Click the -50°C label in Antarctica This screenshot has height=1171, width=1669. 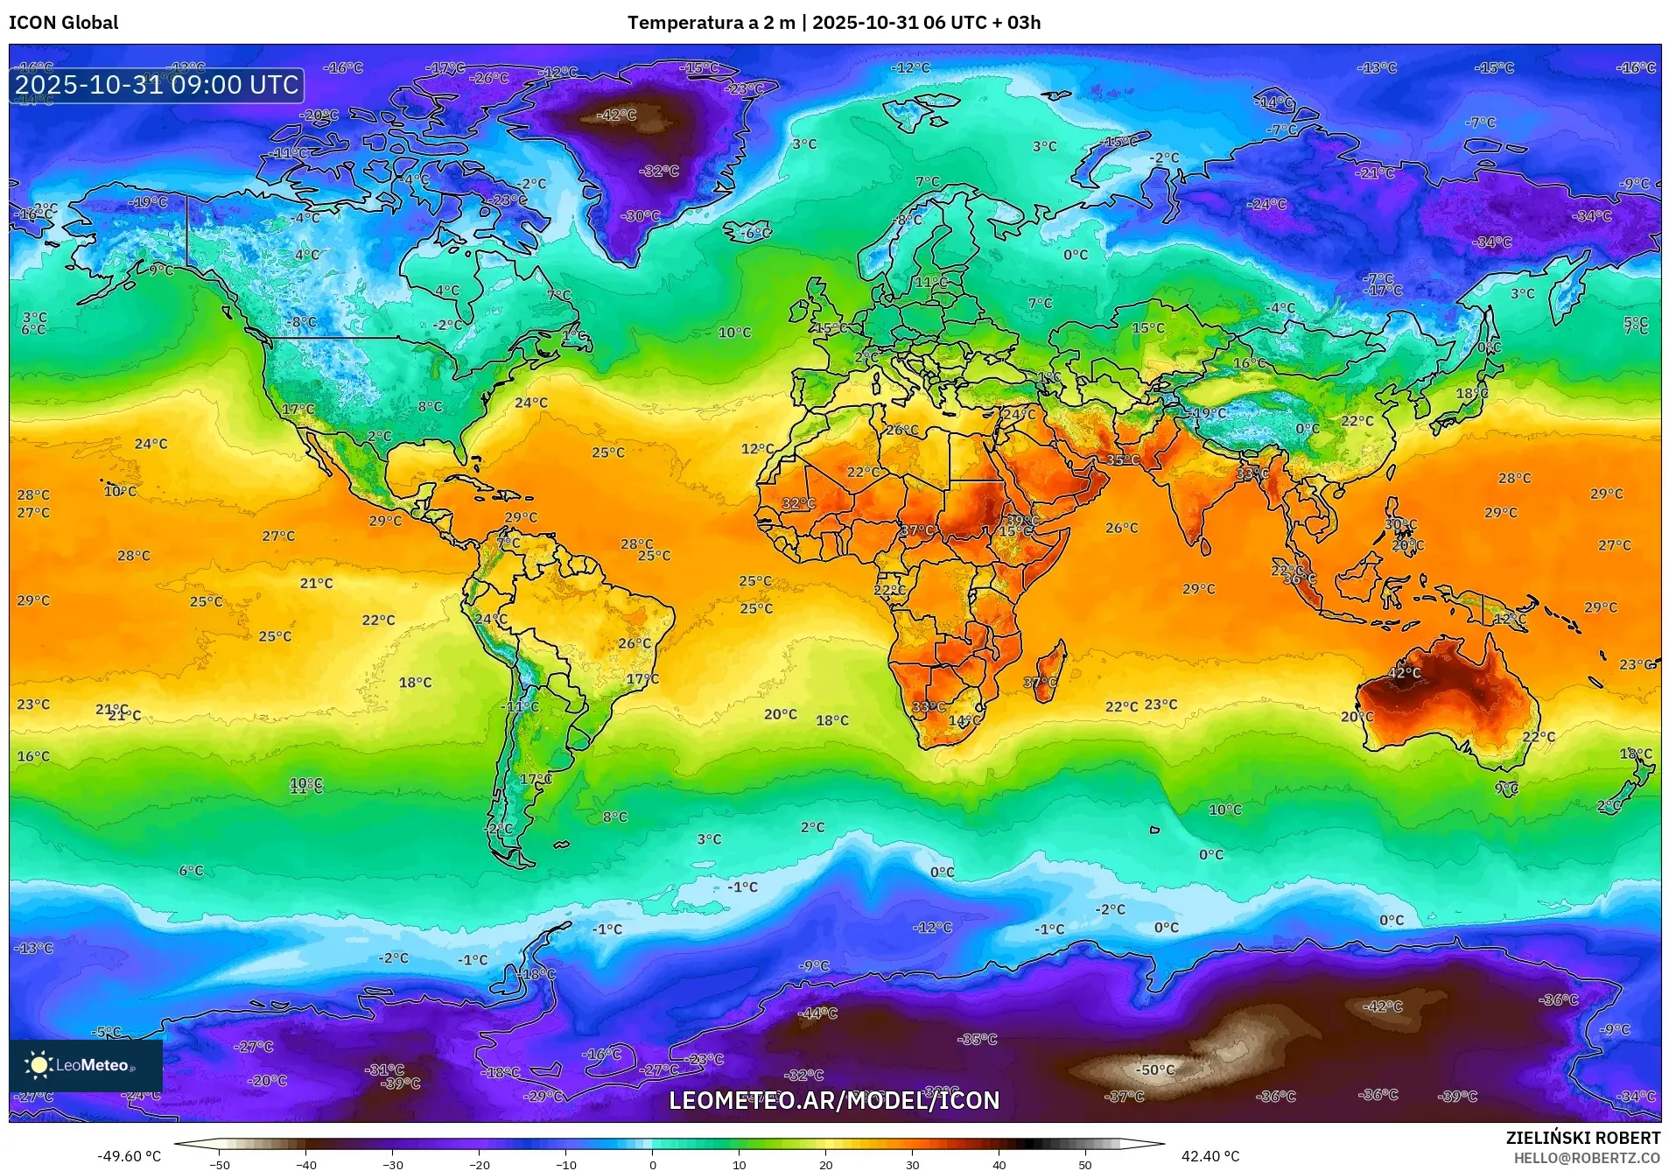[x=1155, y=1069]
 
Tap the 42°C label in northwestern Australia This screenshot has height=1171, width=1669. [x=1405, y=672]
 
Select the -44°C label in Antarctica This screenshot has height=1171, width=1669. [x=817, y=1013]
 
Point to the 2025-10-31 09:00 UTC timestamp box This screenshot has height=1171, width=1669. [x=157, y=85]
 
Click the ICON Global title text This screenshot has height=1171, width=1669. [x=63, y=23]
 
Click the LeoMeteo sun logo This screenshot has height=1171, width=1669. [x=39, y=1065]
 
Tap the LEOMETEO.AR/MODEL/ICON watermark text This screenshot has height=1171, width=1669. [x=833, y=1100]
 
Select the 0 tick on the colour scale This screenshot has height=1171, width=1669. [x=652, y=1164]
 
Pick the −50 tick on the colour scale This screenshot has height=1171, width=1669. [x=220, y=1164]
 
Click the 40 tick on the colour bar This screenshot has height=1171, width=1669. [x=999, y=1164]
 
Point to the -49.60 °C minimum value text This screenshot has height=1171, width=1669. [x=130, y=1156]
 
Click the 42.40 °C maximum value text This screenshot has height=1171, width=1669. [x=1210, y=1156]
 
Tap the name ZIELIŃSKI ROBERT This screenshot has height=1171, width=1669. [x=1582, y=1138]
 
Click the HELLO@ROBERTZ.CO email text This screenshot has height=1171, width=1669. [x=1586, y=1158]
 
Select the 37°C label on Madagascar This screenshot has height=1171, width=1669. [x=1041, y=683]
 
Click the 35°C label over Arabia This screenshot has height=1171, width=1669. [x=1123, y=459]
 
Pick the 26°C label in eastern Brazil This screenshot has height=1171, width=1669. [x=635, y=643]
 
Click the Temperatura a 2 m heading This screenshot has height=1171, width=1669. [x=710, y=23]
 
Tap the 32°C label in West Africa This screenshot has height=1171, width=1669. [x=798, y=503]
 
